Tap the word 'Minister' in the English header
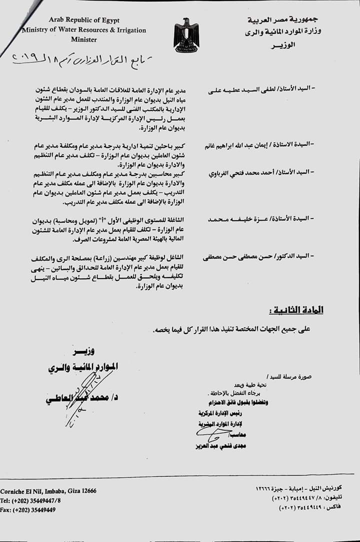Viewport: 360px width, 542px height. [84, 39]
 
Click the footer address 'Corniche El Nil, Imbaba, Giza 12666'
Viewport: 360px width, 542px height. [48, 491]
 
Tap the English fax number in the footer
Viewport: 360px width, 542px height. [28, 509]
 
